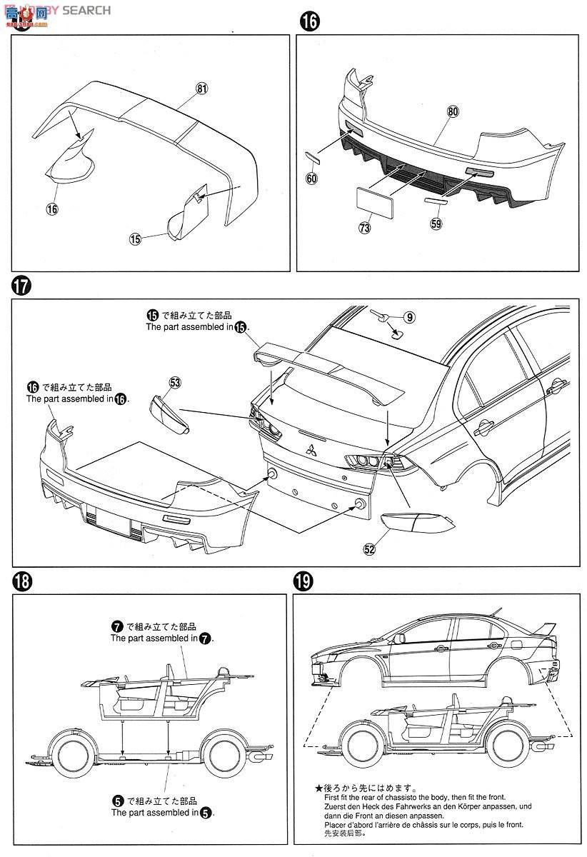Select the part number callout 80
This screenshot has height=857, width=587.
click(x=453, y=112)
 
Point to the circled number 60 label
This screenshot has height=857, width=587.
click(x=311, y=179)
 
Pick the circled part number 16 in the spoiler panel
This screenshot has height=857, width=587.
click(x=51, y=209)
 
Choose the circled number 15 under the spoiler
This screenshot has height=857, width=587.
click(x=136, y=240)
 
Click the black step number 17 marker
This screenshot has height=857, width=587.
click(x=21, y=286)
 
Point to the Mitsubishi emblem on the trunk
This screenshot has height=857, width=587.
click(x=311, y=451)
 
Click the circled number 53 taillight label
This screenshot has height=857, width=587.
click(x=175, y=384)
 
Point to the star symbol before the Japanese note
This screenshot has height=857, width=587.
click(x=318, y=788)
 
